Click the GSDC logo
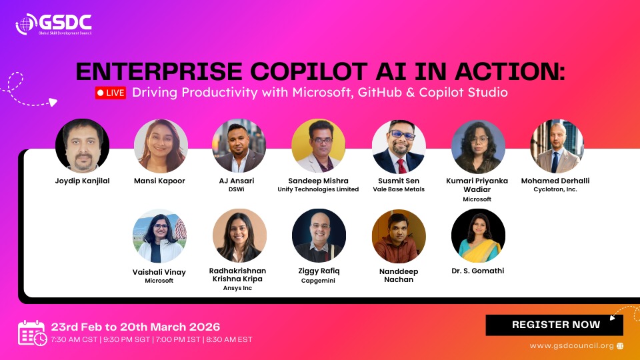[53, 24]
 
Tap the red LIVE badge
[111, 93]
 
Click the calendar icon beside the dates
[32, 333]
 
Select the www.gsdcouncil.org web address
[572, 346]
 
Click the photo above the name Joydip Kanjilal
[82, 146]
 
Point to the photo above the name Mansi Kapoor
[161, 146]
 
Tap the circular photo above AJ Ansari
[239, 146]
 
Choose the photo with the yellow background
[319, 146]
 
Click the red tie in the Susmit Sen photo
[401, 167]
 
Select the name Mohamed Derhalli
[555, 181]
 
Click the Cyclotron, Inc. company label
[555, 189]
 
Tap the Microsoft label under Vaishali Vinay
[159, 281]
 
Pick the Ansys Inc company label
[237, 288]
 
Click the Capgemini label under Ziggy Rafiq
[318, 281]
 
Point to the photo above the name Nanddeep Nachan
[399, 236]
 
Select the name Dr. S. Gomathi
[477, 271]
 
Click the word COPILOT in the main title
[309, 71]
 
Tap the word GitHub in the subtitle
[380, 92]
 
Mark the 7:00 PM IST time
[178, 339]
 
